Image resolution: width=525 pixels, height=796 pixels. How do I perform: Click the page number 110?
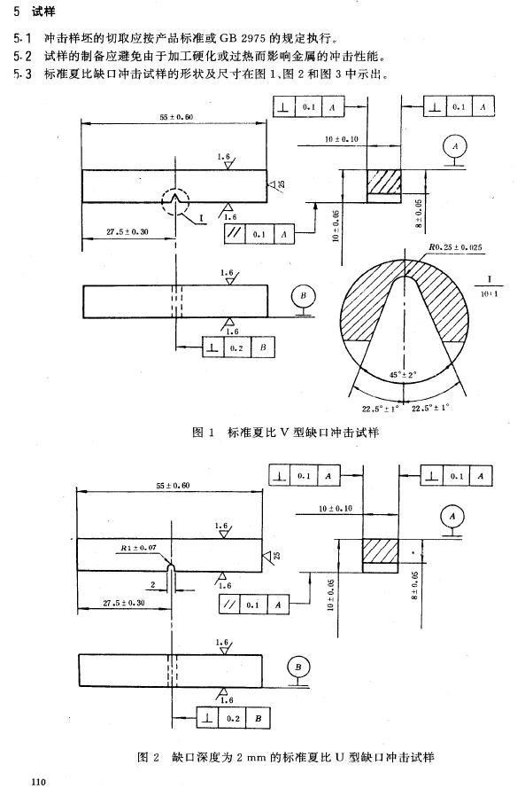point(38,781)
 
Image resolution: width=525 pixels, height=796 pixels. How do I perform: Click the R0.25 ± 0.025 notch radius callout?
point(456,247)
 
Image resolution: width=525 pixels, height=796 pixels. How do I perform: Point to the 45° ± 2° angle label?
point(403,375)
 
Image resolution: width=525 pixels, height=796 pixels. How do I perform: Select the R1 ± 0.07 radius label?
point(138,548)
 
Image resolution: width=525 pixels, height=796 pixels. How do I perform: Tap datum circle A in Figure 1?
point(455,146)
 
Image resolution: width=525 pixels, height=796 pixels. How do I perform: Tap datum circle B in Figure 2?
point(297,667)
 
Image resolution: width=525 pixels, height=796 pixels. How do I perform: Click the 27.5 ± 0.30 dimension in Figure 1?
point(127,231)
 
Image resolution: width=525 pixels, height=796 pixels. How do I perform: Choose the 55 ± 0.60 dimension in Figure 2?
point(173,486)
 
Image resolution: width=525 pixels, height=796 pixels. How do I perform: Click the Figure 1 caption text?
point(286,432)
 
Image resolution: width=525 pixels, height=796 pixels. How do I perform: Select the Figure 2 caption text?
point(286,757)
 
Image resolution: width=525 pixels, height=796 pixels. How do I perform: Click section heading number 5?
point(17,12)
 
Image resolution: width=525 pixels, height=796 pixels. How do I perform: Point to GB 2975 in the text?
point(243,38)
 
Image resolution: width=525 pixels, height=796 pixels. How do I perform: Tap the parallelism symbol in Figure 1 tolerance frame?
point(235,234)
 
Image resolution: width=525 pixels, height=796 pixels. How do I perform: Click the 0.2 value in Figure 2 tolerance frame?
point(233,718)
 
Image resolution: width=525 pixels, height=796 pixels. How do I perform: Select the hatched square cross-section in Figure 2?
point(381,550)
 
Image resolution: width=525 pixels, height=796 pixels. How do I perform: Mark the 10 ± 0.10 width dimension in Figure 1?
point(342,138)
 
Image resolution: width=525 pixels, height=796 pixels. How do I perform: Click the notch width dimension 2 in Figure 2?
point(152,585)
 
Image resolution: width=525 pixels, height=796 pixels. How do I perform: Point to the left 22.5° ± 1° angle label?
point(381,409)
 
